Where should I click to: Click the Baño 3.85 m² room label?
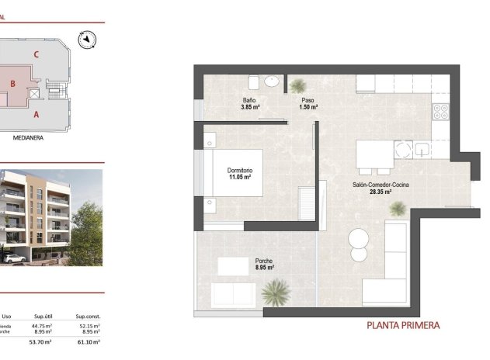249,104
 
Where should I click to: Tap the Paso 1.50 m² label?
308,104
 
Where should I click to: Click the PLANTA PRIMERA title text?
403,326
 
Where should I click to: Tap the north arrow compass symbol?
87,38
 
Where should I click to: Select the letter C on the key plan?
36,54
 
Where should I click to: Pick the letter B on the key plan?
13,83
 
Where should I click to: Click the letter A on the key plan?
36,113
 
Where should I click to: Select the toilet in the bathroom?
254,81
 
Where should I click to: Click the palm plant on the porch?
276,292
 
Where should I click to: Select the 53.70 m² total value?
40,341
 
